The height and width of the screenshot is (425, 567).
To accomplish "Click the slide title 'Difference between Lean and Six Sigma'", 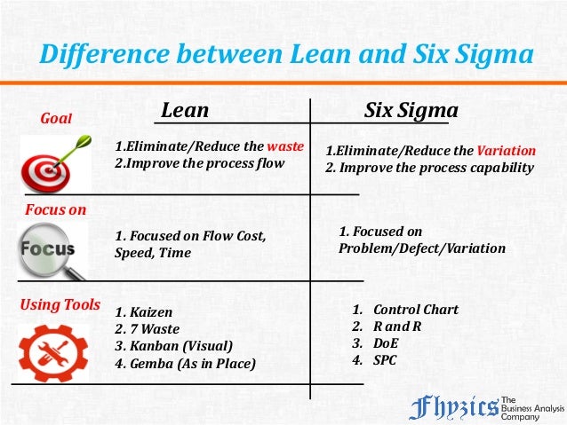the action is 285,54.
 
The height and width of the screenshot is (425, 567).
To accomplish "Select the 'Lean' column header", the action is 185,111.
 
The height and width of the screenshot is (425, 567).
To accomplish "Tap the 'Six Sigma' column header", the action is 411,111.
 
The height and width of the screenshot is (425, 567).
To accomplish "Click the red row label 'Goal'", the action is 57,118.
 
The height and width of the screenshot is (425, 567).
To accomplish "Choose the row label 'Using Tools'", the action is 60,305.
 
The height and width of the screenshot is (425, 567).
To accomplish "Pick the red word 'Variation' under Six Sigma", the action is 506,150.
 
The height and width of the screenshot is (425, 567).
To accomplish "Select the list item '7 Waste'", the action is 148,329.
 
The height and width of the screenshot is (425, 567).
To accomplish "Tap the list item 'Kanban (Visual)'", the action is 173,346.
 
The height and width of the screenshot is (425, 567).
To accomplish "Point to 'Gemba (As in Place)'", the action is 185,363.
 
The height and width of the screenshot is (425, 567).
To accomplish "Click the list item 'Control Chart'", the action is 415,310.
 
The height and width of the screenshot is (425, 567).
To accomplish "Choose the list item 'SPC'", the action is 385,360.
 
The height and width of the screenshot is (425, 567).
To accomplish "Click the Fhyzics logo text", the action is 454,407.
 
